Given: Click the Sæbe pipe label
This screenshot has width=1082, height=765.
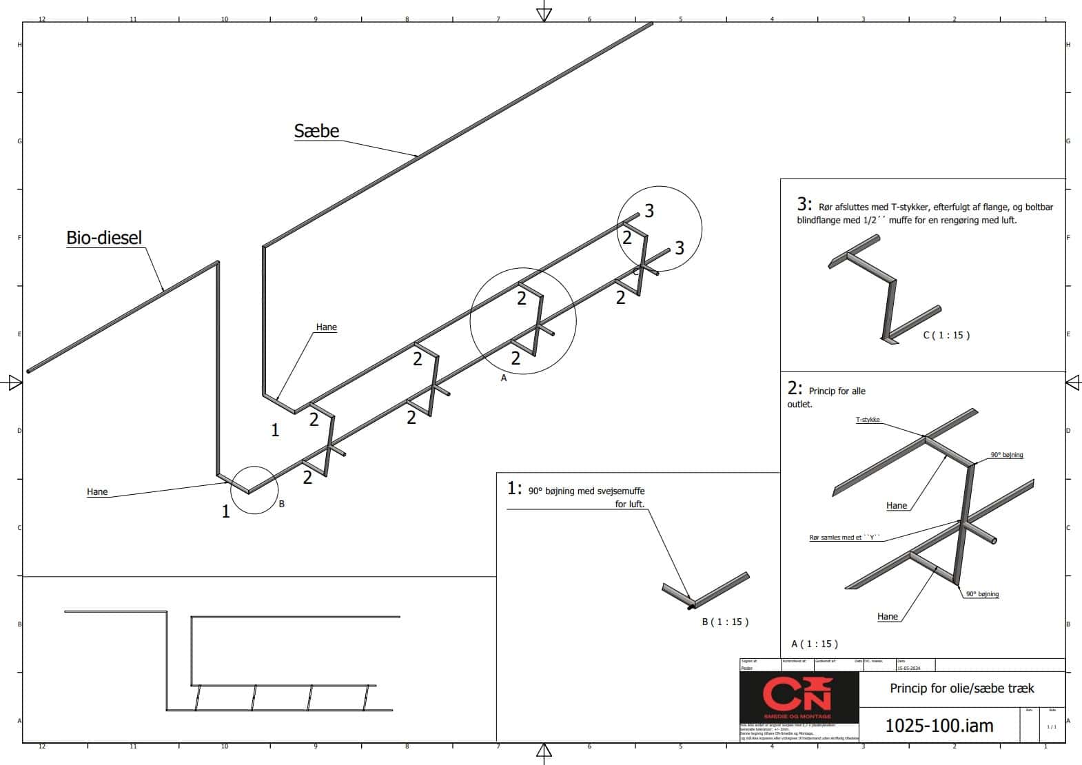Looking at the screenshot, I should [x=316, y=131].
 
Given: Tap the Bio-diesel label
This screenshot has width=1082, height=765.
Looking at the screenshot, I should [x=104, y=238].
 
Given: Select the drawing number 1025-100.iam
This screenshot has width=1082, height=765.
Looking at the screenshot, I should [x=939, y=725].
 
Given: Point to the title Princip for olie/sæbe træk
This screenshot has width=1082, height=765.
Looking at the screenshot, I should [x=961, y=688].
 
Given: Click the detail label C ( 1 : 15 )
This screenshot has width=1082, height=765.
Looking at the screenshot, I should [x=946, y=336].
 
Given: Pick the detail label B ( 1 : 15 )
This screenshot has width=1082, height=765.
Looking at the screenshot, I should [x=725, y=622].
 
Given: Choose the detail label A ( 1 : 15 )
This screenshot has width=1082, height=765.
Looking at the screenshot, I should [x=815, y=644].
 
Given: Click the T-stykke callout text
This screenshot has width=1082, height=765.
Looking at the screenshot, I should [x=868, y=420].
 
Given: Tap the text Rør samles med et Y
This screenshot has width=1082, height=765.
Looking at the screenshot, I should [x=844, y=538].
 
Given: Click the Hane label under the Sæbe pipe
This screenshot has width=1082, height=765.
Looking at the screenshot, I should [x=326, y=327].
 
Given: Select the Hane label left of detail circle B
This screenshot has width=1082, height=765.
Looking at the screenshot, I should [x=97, y=492].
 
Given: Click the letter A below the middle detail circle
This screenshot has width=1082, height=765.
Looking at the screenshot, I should [x=504, y=378].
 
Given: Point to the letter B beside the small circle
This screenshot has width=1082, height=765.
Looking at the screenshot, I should [x=281, y=504].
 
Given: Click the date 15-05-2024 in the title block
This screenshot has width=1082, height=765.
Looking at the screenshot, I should [x=908, y=668].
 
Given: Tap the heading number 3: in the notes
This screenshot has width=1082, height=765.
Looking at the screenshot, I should [x=804, y=204].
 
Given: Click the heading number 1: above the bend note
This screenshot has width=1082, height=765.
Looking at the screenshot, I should [x=514, y=489].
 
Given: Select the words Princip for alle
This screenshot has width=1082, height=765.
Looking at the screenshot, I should [x=837, y=391].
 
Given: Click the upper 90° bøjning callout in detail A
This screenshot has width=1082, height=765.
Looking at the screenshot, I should [x=1006, y=455].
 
